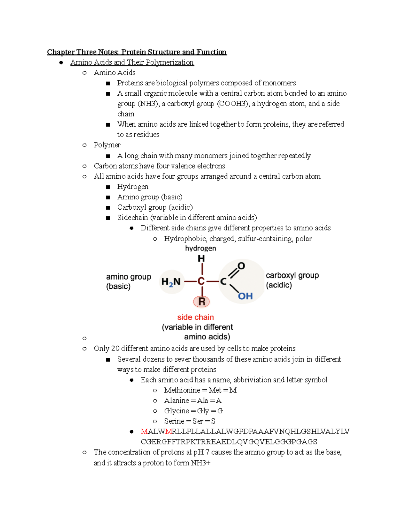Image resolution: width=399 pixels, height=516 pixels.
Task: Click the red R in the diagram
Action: [202, 301]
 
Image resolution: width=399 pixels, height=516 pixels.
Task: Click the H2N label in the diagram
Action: [171, 282]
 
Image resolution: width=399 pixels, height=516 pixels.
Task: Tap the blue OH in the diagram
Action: [245, 296]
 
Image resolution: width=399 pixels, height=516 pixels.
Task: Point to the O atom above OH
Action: [241, 266]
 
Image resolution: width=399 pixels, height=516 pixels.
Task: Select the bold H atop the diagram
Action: [201, 258]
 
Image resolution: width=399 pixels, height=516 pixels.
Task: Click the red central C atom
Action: [201, 281]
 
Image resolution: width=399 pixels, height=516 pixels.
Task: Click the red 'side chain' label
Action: [196, 317]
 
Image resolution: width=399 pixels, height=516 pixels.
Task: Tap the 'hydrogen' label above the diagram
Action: [200, 248]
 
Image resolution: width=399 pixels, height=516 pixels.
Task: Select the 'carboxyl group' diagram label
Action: [292, 275]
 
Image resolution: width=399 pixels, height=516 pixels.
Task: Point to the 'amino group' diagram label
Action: [128, 277]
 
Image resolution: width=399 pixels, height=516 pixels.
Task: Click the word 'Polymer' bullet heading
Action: [107, 145]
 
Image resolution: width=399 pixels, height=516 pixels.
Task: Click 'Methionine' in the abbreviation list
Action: [182, 390]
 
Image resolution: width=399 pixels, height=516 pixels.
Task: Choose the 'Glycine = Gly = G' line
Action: [193, 411]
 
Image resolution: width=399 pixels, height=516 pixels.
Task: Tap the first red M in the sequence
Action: [144, 431]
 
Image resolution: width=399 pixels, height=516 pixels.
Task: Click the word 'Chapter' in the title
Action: [61, 52]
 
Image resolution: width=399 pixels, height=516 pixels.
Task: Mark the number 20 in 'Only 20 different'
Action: [115, 349]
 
